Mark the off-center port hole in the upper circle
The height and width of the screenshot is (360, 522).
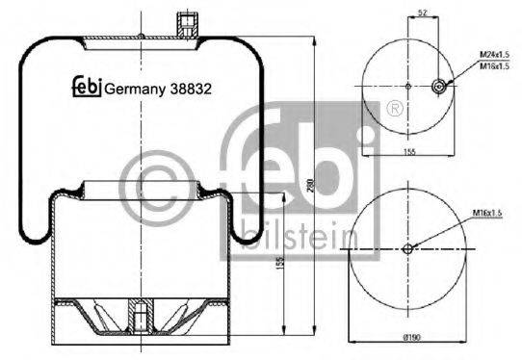click(439, 87)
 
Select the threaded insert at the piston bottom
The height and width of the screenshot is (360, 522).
click(141, 313)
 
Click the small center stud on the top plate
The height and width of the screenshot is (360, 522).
click(141, 38)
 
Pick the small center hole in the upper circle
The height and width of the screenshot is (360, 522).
click(407, 87)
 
